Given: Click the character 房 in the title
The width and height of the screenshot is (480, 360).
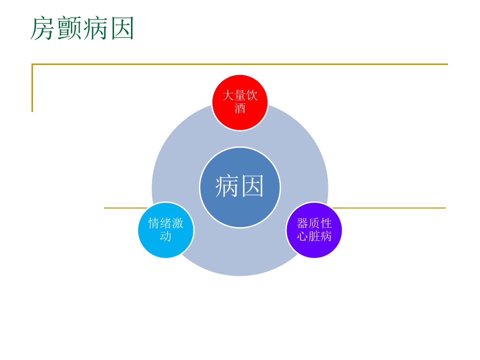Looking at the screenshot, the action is (43, 28).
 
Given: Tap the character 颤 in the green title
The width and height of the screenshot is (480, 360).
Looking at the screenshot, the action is (69, 28).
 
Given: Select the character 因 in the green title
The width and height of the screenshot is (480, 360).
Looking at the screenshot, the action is (122, 28).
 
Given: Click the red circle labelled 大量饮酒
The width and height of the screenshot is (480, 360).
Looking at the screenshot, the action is (240, 102).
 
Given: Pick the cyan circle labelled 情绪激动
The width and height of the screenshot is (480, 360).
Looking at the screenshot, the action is (166, 230).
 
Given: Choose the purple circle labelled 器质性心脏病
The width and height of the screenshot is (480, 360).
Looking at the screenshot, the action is (314, 230).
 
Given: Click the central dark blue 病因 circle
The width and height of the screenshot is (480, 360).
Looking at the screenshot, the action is (240, 187).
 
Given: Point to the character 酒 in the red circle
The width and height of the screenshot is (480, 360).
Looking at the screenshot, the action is (240, 108).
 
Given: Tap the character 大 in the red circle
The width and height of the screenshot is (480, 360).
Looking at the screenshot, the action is (228, 95).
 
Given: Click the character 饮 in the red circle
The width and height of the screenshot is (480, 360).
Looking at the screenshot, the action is (252, 95).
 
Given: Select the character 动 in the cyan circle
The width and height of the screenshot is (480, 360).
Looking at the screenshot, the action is (166, 236).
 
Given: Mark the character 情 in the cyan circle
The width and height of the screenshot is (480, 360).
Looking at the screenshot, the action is (154, 223).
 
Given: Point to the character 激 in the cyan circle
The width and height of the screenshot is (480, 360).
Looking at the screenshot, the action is (178, 223).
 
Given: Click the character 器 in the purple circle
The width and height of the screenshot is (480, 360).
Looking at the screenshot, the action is (302, 223).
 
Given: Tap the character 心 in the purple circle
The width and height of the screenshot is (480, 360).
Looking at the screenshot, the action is (302, 236).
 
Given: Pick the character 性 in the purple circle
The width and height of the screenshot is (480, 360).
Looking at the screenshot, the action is (326, 223).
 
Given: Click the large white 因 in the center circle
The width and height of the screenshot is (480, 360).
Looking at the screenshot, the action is (252, 186).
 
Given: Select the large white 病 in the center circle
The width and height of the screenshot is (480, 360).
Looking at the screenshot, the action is (227, 186).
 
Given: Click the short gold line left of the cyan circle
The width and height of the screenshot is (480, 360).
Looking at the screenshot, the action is (126, 208).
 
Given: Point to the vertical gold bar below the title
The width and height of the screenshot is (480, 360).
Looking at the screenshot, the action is (32, 88).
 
